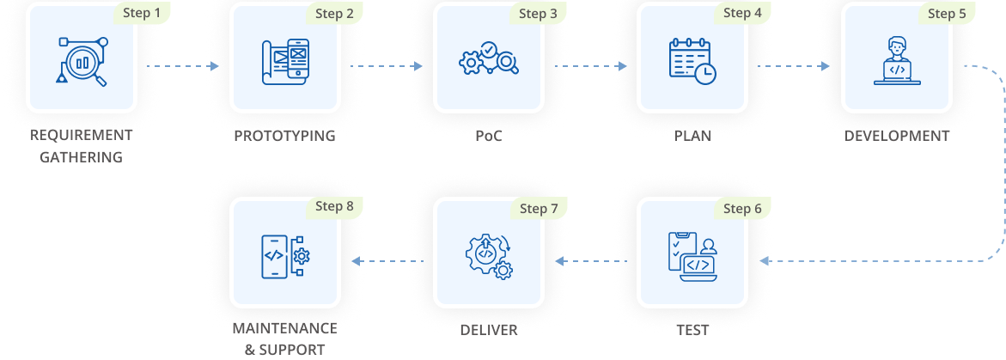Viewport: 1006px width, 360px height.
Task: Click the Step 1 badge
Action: [142, 14]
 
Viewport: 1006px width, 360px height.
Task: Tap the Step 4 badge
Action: [742, 14]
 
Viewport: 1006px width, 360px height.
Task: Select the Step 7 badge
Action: [539, 209]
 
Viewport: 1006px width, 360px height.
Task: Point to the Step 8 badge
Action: [334, 206]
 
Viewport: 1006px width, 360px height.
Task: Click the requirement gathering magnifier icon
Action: [82, 62]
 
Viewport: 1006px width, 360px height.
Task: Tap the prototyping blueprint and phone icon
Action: [285, 62]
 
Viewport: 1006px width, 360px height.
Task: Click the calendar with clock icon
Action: [692, 61]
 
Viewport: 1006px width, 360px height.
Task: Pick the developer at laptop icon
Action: [897, 61]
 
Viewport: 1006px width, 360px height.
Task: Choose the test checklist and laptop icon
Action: [693, 256]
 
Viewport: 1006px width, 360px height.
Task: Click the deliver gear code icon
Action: [489, 256]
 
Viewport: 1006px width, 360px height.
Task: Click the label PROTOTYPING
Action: [285, 136]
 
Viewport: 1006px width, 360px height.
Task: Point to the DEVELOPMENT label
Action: [896, 136]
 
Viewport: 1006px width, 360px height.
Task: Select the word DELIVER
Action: [489, 331]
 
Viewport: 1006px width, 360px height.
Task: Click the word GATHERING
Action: [82, 157]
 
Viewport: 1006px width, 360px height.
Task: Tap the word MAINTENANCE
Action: [285, 328]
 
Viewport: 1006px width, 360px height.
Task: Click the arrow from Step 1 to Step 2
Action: [183, 66]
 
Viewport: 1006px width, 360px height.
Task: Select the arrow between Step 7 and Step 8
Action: [387, 261]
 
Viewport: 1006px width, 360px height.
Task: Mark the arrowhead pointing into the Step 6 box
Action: [764, 261]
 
